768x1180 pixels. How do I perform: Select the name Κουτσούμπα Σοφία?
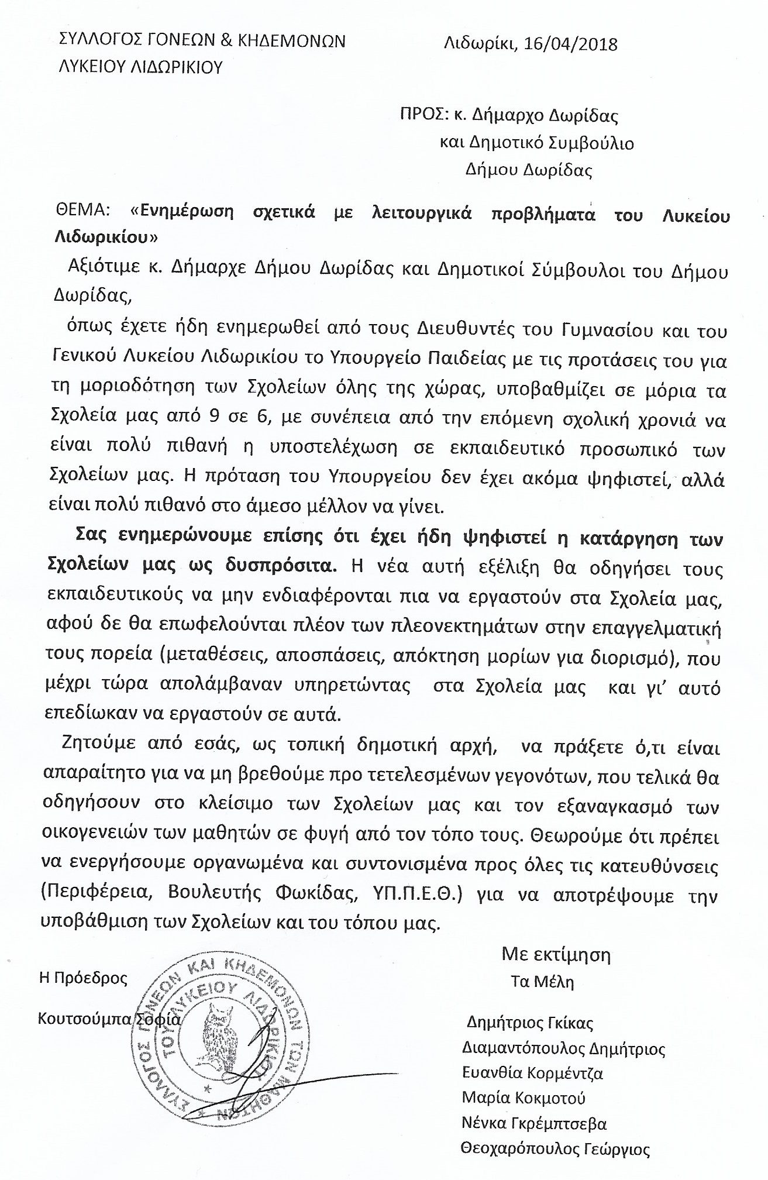coord(109,1018)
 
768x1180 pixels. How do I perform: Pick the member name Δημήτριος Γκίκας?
coord(530,1024)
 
